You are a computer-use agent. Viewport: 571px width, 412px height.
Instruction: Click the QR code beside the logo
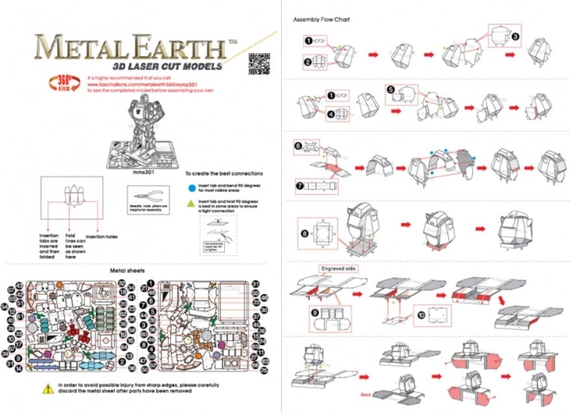[x=258, y=61]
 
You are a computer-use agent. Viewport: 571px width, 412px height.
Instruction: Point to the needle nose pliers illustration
[x=144, y=196]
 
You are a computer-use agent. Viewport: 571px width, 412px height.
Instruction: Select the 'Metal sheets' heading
[x=128, y=270]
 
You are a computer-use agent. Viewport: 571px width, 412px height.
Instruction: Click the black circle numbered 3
[x=516, y=36]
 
